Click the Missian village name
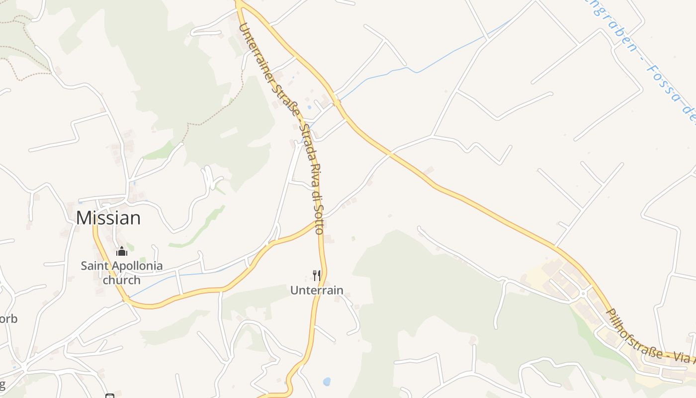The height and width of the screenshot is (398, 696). (108, 218)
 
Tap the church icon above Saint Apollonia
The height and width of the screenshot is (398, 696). (122, 252)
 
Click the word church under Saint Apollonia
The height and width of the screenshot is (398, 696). (122, 280)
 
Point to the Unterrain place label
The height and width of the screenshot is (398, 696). (317, 290)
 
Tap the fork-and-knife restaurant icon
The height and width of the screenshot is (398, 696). (316, 275)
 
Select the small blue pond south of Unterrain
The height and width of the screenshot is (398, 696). (326, 382)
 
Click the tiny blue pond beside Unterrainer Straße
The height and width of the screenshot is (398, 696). (310, 107)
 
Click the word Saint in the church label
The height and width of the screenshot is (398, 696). (94, 266)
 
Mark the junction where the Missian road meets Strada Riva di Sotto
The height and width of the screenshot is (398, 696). (319, 222)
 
